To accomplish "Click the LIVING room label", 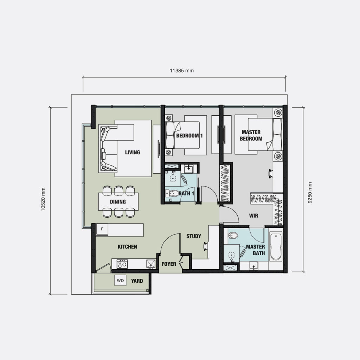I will click(x=133, y=152).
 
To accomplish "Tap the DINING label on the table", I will click(x=118, y=202).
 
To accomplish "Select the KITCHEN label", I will click(x=127, y=247).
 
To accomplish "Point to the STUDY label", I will click(x=194, y=236).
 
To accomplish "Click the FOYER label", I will click(x=169, y=264).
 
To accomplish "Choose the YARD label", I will click(x=137, y=281).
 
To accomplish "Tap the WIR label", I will click(x=254, y=215).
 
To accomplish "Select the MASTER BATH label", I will click(x=256, y=250).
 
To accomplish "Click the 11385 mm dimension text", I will click(x=182, y=70).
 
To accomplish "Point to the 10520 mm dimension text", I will click(x=43, y=200).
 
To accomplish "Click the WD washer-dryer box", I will click(x=120, y=281).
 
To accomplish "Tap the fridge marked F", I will click(x=102, y=230).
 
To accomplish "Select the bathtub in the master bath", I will click(x=276, y=246).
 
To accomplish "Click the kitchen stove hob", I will click(x=122, y=264).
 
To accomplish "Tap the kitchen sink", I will click(x=151, y=264).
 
